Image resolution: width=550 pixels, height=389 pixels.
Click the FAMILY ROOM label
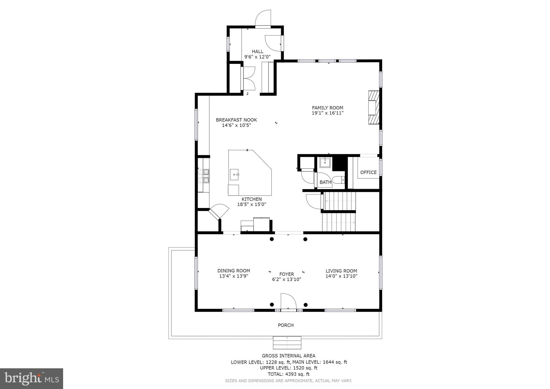[x=327, y=108]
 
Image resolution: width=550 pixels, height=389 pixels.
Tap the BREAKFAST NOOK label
[x=236, y=120]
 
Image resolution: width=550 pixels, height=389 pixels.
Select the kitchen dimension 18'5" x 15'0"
[x=251, y=204]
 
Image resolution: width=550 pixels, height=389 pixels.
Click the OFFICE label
[x=368, y=172]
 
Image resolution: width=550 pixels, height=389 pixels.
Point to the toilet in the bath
[x=338, y=179]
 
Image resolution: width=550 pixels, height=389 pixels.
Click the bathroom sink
[x=325, y=163]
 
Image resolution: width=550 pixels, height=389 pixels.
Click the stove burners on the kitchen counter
[x=206, y=176]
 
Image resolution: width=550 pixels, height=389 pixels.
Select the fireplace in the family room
[x=374, y=107]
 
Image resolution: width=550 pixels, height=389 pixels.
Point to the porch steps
[x=287, y=343]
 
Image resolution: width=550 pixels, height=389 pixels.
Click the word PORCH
[x=285, y=325]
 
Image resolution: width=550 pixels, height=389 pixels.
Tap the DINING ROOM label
[x=234, y=271]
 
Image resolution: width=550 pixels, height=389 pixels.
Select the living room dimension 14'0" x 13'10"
[x=341, y=276]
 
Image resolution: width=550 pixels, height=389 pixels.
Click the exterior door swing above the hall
[x=263, y=18]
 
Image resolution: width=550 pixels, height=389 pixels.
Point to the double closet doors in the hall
[x=249, y=78]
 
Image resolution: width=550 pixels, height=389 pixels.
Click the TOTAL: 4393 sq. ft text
[x=288, y=374]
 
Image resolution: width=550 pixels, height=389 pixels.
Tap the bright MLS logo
[x=31, y=379]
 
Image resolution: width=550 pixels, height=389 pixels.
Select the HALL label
[x=257, y=52]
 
